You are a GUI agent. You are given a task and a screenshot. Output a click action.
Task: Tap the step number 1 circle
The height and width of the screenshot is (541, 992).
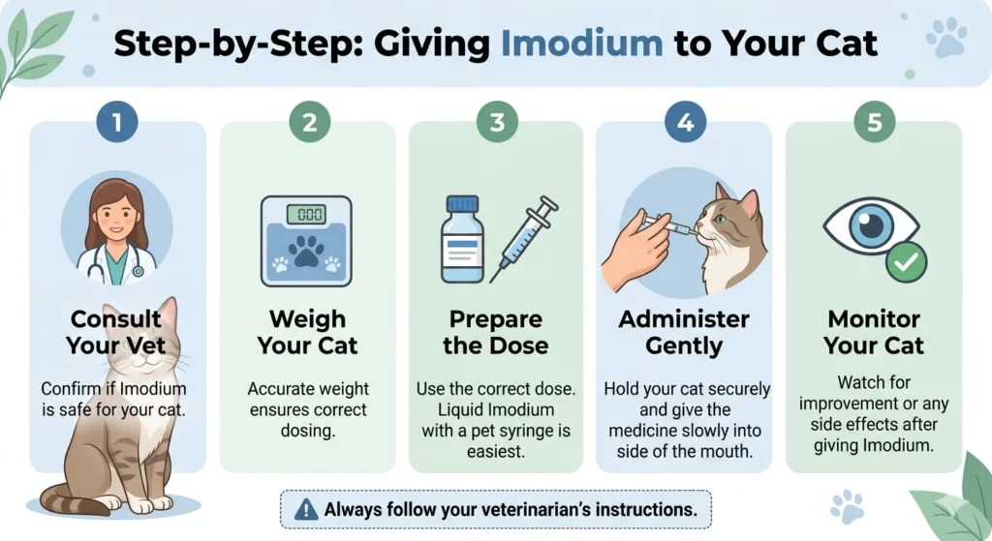coord(117,122)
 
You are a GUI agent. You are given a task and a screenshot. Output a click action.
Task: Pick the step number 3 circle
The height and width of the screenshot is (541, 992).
coord(496,122)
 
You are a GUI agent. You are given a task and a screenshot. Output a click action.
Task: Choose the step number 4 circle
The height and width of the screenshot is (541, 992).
coord(685,122)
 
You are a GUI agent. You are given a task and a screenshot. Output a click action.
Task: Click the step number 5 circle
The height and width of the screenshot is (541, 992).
coord(874,122)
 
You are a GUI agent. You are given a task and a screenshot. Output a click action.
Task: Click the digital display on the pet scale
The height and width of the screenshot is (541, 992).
coord(306,215)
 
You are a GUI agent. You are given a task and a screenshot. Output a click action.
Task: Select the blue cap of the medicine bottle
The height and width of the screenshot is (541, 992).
coord(462,204)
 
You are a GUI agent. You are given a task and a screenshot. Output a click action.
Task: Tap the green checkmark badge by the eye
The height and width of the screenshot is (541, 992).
coord(907,260)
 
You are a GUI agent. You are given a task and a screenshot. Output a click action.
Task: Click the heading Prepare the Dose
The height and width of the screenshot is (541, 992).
coord(496,332)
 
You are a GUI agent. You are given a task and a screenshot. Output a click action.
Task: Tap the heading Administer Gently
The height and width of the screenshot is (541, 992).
coord(684,332)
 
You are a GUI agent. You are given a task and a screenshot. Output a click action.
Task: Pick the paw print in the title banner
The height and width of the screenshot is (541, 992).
coord(945,37)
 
